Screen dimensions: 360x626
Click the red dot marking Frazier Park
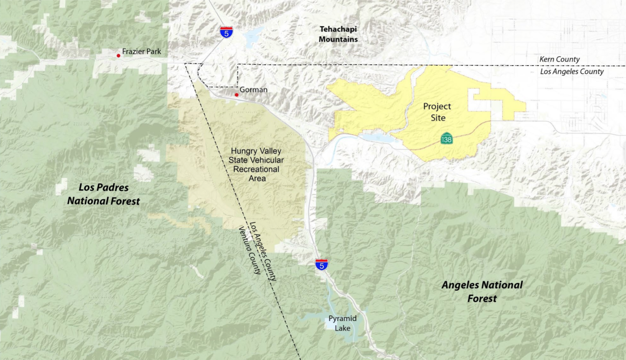tap(119, 55)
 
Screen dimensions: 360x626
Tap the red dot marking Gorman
tap(236, 95)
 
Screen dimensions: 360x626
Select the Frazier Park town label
tap(141, 51)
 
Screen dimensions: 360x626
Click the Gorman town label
tap(253, 89)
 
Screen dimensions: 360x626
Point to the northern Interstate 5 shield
tap(227, 32)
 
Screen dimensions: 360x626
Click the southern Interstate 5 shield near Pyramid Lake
tap(322, 265)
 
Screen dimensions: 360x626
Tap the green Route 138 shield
tap(447, 138)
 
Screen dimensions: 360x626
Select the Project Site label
tap(437, 112)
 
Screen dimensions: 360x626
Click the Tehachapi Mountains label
tap(338, 34)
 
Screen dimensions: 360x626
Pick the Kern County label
tap(559, 59)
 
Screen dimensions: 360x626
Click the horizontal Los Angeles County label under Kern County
tap(571, 71)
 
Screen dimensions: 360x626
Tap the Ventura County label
tap(249, 250)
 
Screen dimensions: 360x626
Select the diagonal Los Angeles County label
tap(263, 251)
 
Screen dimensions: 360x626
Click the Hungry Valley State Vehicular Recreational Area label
tap(256, 165)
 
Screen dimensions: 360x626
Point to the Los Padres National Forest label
tap(104, 194)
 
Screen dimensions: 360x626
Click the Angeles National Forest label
tap(482, 292)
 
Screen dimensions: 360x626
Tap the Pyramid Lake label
tap(342, 323)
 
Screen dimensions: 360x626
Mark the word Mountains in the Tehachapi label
tap(338, 40)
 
